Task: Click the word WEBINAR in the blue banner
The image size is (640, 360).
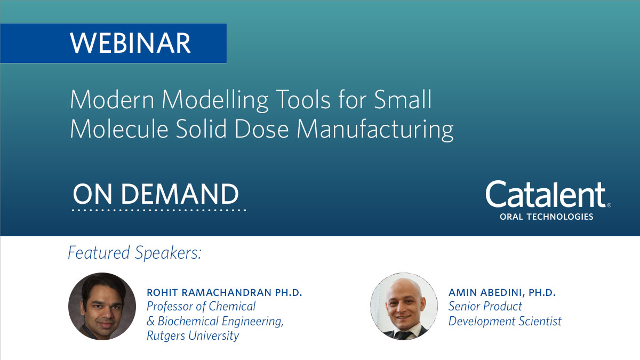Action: [x=130, y=43]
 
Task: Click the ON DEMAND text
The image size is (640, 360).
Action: [x=156, y=195]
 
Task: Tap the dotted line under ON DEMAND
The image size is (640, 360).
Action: [x=159, y=211]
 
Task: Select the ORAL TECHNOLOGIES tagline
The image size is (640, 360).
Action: [x=546, y=217]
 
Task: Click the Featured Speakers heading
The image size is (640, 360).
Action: [x=134, y=253]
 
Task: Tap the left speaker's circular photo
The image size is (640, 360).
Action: [x=102, y=306]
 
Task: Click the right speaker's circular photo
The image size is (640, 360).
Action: [x=404, y=306]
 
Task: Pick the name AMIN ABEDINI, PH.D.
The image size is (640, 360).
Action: [x=502, y=293]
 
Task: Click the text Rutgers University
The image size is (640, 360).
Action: [x=193, y=335]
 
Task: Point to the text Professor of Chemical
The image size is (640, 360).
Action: [x=201, y=307]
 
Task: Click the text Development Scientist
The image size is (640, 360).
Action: [x=505, y=321]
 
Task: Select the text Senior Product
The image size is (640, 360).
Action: [x=485, y=307]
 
